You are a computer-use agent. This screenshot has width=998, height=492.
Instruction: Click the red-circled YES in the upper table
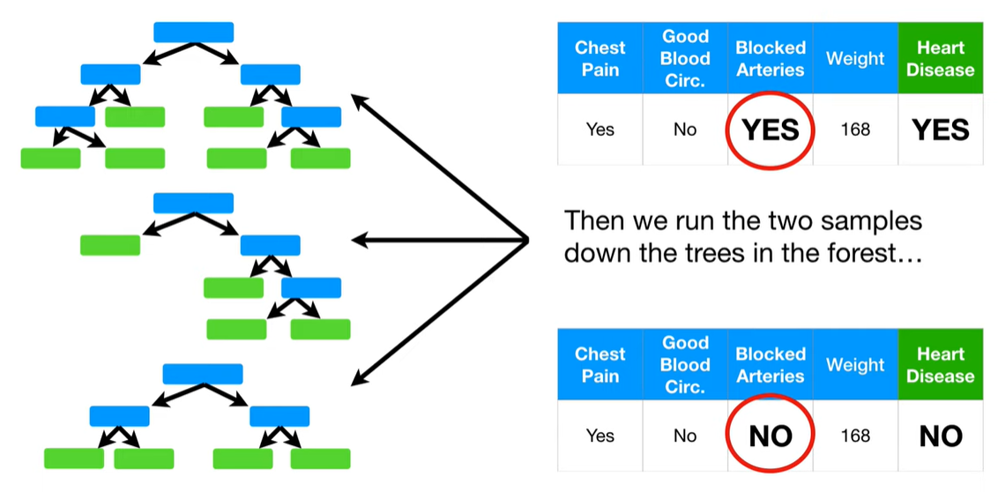(770, 130)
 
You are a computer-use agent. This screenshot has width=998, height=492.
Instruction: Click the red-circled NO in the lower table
(770, 436)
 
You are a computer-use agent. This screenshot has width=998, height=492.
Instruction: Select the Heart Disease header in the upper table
(940, 58)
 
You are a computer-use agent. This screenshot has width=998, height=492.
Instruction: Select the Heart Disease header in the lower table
(940, 364)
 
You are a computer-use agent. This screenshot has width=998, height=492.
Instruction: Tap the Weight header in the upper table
(854, 58)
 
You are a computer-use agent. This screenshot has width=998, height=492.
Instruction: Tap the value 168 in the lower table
(854, 436)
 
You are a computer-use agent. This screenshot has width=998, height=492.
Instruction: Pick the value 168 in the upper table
(854, 130)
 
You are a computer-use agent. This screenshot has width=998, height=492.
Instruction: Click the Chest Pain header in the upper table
(600, 58)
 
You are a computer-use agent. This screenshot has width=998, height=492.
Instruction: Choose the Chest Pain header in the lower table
(600, 364)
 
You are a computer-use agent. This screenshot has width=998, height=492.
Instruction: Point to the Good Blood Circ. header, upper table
(685, 58)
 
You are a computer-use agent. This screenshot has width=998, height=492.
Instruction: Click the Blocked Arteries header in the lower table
(770, 364)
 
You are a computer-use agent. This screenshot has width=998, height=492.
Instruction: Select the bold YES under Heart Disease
(940, 130)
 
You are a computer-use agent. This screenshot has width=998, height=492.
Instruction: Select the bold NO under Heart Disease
(940, 436)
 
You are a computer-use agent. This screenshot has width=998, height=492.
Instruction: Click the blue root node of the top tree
(193, 33)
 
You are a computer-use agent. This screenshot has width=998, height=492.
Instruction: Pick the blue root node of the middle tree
(193, 203)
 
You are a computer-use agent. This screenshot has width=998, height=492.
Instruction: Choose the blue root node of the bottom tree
(203, 373)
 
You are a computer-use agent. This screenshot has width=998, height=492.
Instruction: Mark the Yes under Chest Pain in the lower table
(600, 436)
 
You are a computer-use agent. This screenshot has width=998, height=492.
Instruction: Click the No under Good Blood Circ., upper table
(685, 130)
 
